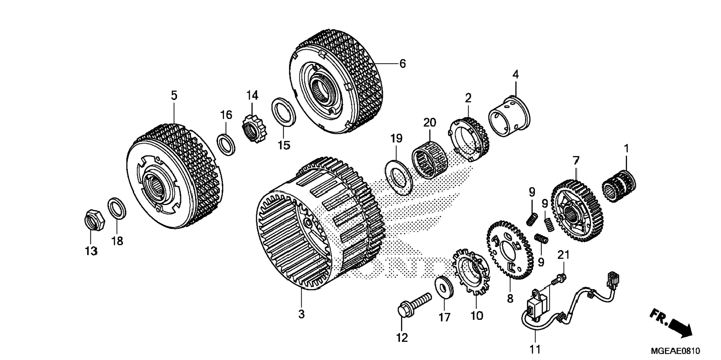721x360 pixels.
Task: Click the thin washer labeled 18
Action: click(117, 209)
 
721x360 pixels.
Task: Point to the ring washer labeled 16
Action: click(226, 143)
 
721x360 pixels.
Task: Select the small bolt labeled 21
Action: click(560, 277)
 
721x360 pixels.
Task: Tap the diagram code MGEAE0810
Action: click(675, 351)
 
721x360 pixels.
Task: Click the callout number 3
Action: click(301, 314)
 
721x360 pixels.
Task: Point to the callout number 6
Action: click(402, 64)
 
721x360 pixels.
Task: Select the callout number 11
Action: click(535, 349)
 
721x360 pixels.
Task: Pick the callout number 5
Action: click(174, 95)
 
